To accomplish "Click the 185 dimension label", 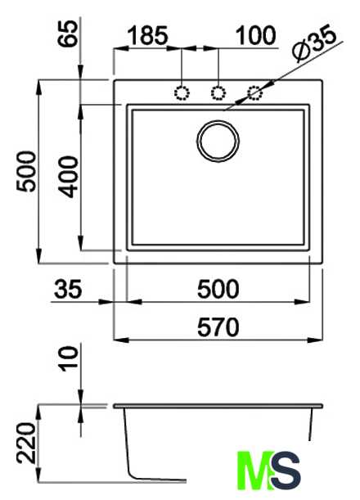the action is click(147, 35).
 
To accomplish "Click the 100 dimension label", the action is click(255, 35).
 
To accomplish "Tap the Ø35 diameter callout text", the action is click(315, 45).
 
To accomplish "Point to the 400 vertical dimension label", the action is click(69, 177).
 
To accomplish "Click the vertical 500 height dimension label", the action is click(26, 172).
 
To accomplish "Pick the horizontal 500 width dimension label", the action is click(218, 289).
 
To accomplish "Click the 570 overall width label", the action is click(218, 327).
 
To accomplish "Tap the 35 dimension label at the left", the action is click(68, 289).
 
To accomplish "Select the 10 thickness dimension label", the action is click(69, 358).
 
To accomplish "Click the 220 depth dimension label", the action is click(26, 443).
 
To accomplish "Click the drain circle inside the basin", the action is click(218, 141).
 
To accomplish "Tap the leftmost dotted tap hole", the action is click(182, 93).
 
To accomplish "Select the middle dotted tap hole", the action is click(218, 93).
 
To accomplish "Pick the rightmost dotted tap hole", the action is click(255, 93).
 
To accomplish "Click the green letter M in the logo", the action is click(256, 470).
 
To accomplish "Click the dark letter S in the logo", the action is click(286, 470).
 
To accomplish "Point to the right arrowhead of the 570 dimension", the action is click(315, 340).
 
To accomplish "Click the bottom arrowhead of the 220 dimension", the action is click(38, 474).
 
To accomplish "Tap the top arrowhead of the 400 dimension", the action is click(81, 112).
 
